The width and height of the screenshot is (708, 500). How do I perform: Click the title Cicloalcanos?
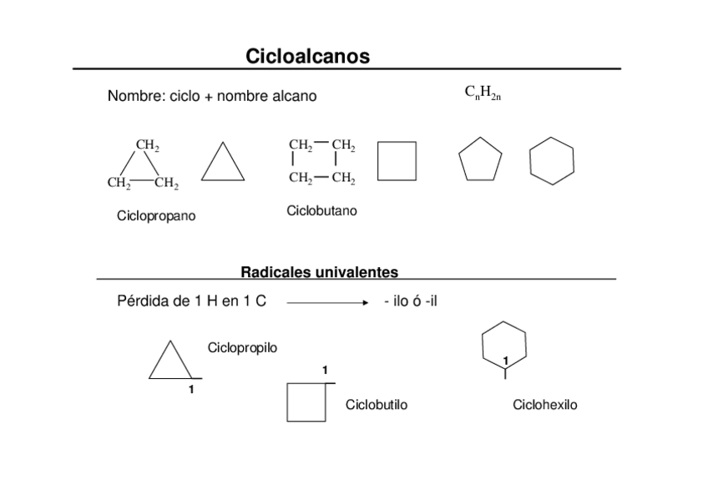coord(307,56)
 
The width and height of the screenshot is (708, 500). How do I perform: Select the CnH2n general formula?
coord(482,93)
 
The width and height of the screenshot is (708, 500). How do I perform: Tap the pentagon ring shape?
coord(480,159)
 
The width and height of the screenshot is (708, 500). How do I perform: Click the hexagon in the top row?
coord(552,160)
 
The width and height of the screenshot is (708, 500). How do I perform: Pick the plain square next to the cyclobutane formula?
coord(397,160)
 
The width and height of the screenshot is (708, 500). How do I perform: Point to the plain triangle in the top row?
coord(223,164)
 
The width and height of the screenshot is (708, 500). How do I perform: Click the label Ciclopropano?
coord(156,216)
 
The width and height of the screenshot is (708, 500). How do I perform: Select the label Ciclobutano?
coord(321,211)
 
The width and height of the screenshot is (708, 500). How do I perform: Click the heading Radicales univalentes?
coord(319,272)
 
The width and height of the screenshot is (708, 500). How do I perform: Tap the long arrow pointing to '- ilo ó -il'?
coord(327,303)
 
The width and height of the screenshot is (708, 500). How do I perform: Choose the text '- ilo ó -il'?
coord(411,301)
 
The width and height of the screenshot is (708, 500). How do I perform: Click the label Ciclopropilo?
coord(242,347)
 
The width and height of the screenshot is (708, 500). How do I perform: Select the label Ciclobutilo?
coord(377,405)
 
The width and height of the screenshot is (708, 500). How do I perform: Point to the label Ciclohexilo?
coord(544,405)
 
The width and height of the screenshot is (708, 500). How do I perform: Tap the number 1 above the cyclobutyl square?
coord(325,370)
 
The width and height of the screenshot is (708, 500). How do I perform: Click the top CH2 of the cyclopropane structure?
coord(148,146)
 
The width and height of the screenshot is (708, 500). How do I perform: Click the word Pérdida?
coord(143,301)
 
